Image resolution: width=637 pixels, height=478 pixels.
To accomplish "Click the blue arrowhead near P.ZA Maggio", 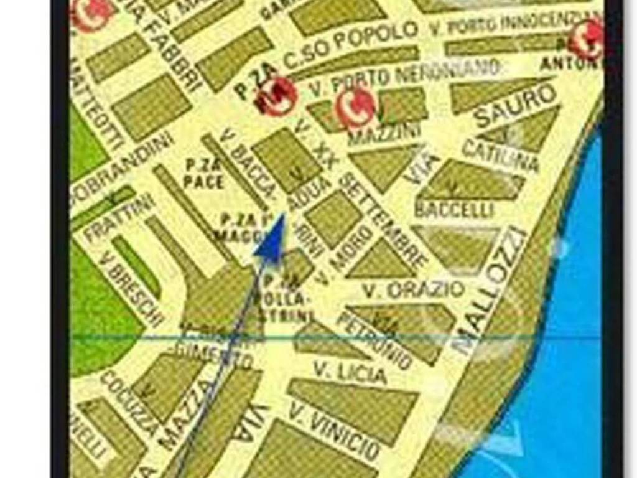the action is click(x=272, y=237).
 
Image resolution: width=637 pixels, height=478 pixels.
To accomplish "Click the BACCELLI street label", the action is click(x=454, y=209).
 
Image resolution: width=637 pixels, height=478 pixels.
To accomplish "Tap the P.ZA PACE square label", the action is click(x=203, y=174).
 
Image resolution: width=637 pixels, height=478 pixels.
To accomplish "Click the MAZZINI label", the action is click(x=384, y=133).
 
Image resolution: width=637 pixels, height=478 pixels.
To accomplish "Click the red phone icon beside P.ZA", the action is click(x=276, y=96).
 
